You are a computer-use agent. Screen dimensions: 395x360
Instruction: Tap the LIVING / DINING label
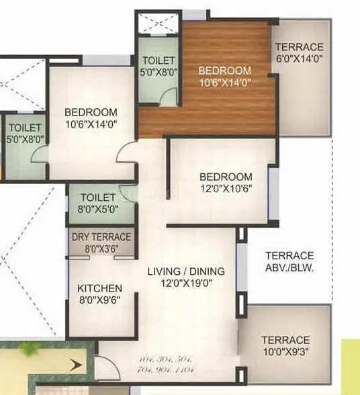click(186, 271)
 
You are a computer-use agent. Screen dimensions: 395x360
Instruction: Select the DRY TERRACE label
click(101, 236)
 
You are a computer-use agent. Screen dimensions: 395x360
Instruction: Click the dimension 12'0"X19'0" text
click(186, 283)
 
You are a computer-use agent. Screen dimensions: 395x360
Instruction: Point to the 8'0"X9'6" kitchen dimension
click(99, 300)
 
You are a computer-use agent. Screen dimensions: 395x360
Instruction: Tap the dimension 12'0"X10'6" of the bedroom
click(226, 189)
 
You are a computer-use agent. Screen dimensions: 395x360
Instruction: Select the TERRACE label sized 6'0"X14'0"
click(299, 47)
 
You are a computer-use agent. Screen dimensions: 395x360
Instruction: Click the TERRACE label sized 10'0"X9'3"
click(285, 340)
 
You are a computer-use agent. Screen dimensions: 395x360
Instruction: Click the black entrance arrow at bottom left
click(76, 365)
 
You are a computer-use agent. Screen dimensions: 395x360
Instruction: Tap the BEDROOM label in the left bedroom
click(91, 112)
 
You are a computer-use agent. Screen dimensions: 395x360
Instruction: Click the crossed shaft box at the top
click(159, 21)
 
